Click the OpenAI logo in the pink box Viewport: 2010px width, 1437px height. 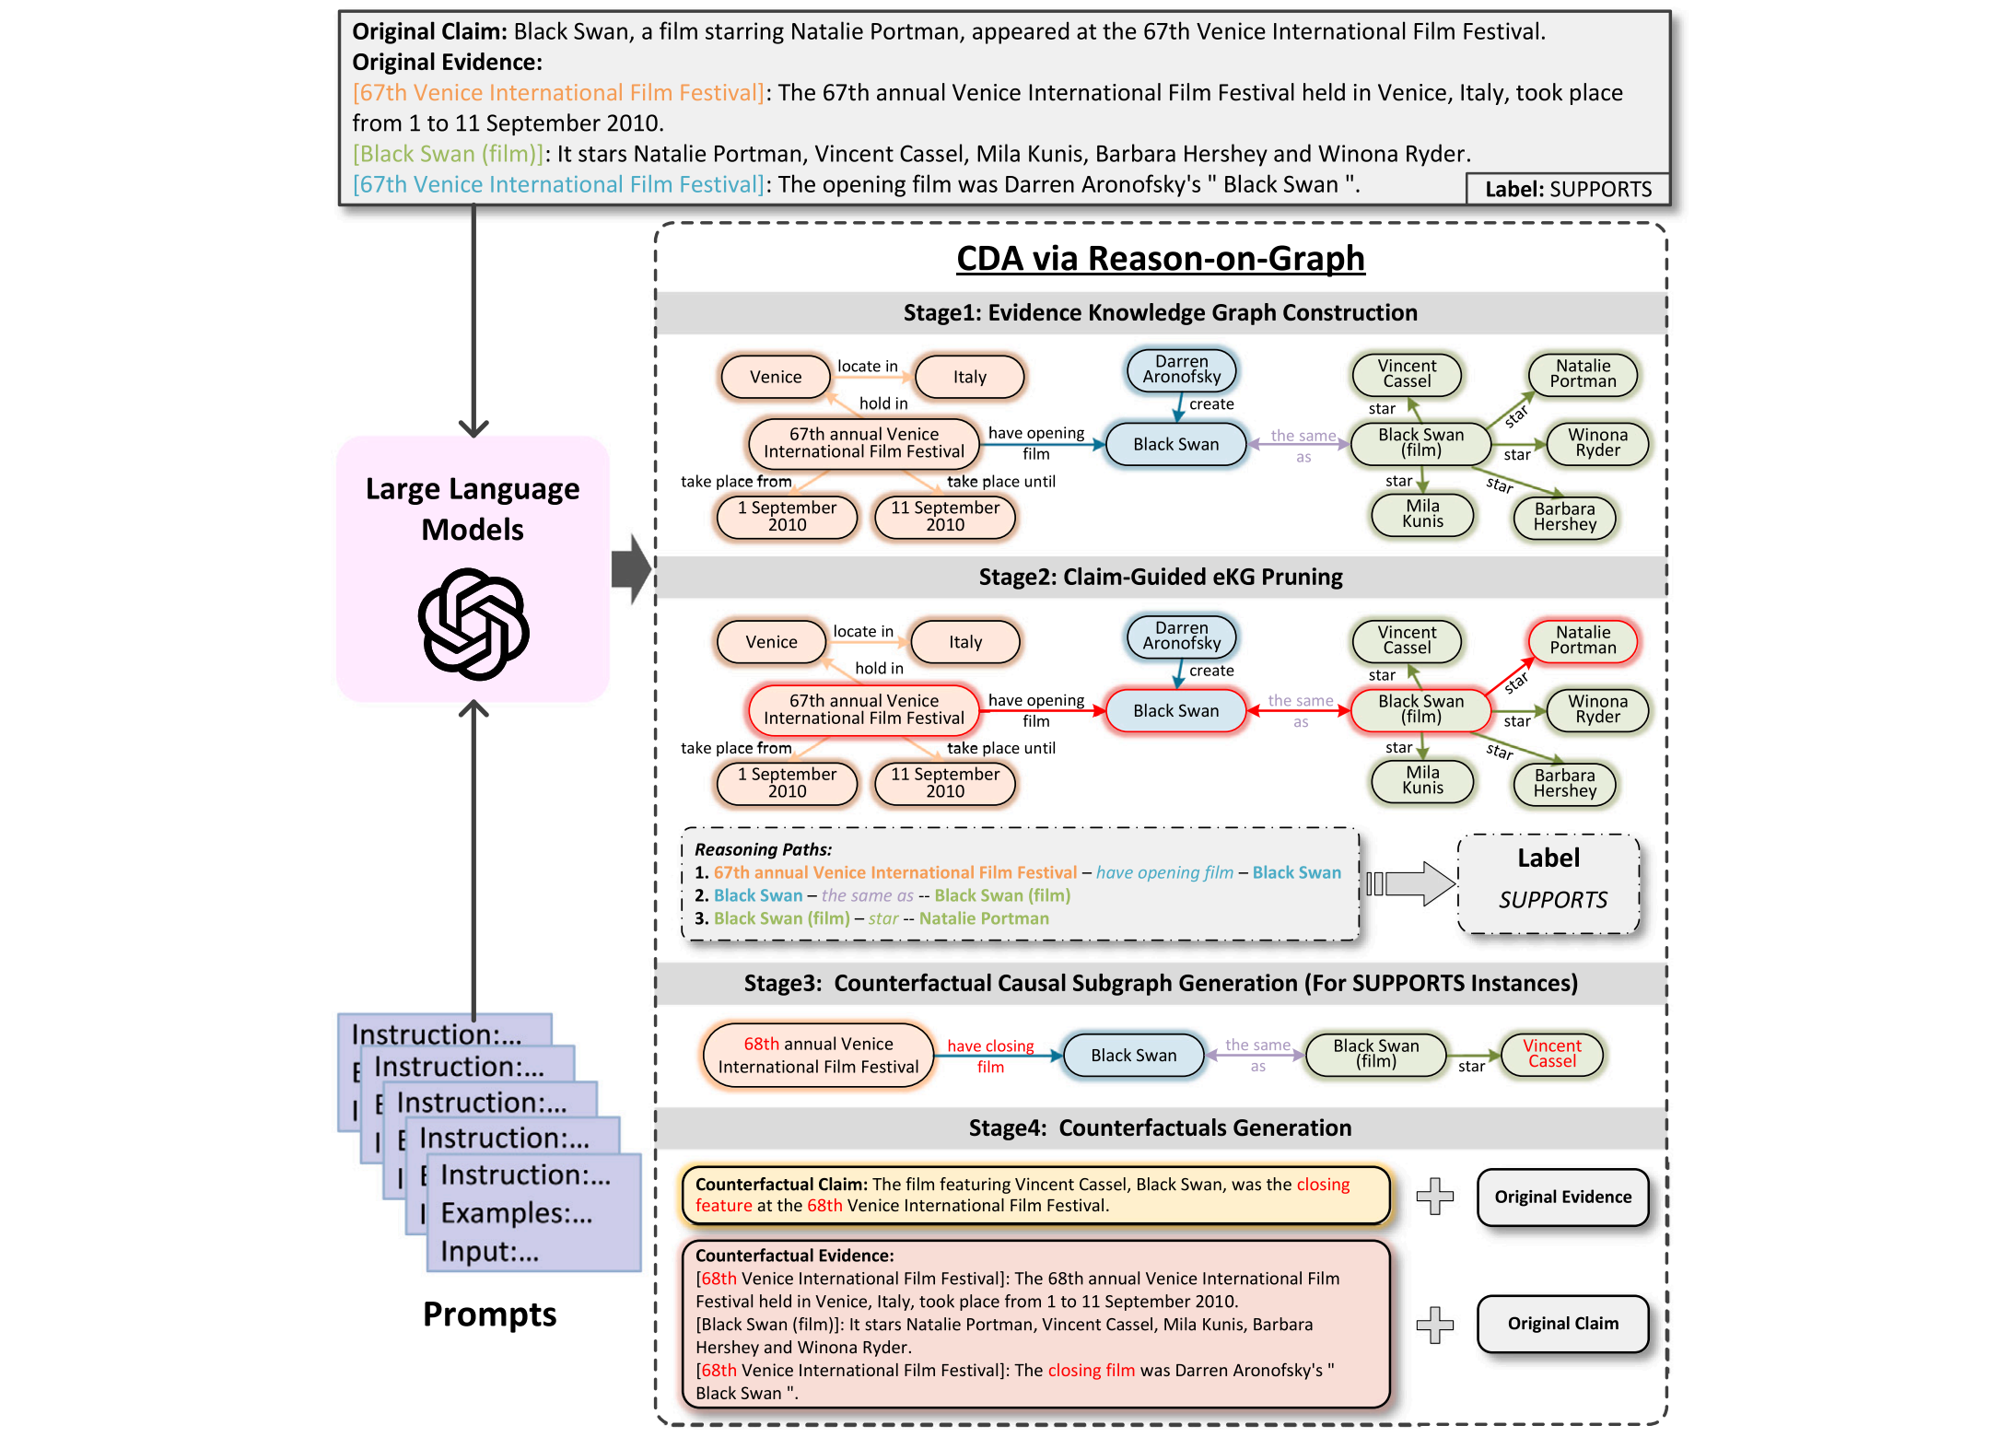pyautogui.click(x=473, y=624)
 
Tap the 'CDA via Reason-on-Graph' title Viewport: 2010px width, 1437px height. pyautogui.click(x=1161, y=259)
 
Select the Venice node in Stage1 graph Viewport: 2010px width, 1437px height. pyautogui.click(x=776, y=377)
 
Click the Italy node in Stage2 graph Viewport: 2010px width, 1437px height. pyautogui.click(x=965, y=642)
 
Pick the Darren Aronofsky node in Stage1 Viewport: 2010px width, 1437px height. pyautogui.click(x=1182, y=369)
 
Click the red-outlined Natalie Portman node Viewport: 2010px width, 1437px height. pyautogui.click(x=1583, y=640)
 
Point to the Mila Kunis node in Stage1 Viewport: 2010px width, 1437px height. pyautogui.click(x=1422, y=514)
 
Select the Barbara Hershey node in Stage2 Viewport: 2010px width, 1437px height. pyautogui.click(x=1564, y=783)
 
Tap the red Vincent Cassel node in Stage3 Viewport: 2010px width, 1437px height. pyautogui.click(x=1552, y=1054)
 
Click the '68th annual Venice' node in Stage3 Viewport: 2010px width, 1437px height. pyautogui.click(x=818, y=1056)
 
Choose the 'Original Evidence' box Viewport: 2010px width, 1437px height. pyautogui.click(x=1563, y=1197)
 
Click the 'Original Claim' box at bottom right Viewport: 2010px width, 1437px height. pyautogui.click(x=1563, y=1324)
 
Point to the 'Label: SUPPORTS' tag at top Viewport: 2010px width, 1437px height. pyautogui.click(x=1568, y=189)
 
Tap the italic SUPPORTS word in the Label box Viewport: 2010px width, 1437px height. pyautogui.click(x=1553, y=900)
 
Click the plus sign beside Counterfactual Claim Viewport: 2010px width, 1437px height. pyautogui.click(x=1434, y=1197)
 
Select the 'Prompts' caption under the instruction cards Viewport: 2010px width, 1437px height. pyautogui.click(x=490, y=1314)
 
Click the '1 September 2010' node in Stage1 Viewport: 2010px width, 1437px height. pyautogui.click(x=787, y=517)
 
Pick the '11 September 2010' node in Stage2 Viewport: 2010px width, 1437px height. pyautogui.click(x=944, y=783)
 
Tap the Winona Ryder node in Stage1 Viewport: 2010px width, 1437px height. pyautogui.click(x=1597, y=443)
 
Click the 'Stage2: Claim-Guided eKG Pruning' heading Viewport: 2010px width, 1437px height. pyautogui.click(x=1161, y=578)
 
